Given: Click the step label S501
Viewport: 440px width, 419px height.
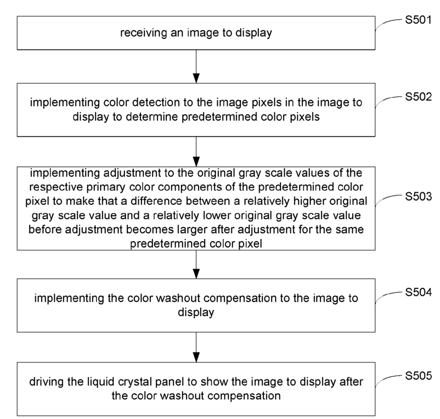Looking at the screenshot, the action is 418,20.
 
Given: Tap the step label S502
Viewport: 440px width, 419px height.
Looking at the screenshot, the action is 418,97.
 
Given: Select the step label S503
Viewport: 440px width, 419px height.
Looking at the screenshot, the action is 418,196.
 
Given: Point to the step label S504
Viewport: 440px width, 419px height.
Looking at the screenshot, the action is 418,292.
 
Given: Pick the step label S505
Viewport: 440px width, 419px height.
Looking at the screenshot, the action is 418,376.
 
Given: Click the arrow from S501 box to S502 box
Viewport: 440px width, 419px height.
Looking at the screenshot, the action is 196,66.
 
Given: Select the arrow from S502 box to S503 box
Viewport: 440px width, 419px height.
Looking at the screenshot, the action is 196,152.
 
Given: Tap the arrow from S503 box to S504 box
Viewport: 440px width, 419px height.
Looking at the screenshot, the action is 196,264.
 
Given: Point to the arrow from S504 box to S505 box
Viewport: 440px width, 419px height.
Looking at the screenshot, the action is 196,348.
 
